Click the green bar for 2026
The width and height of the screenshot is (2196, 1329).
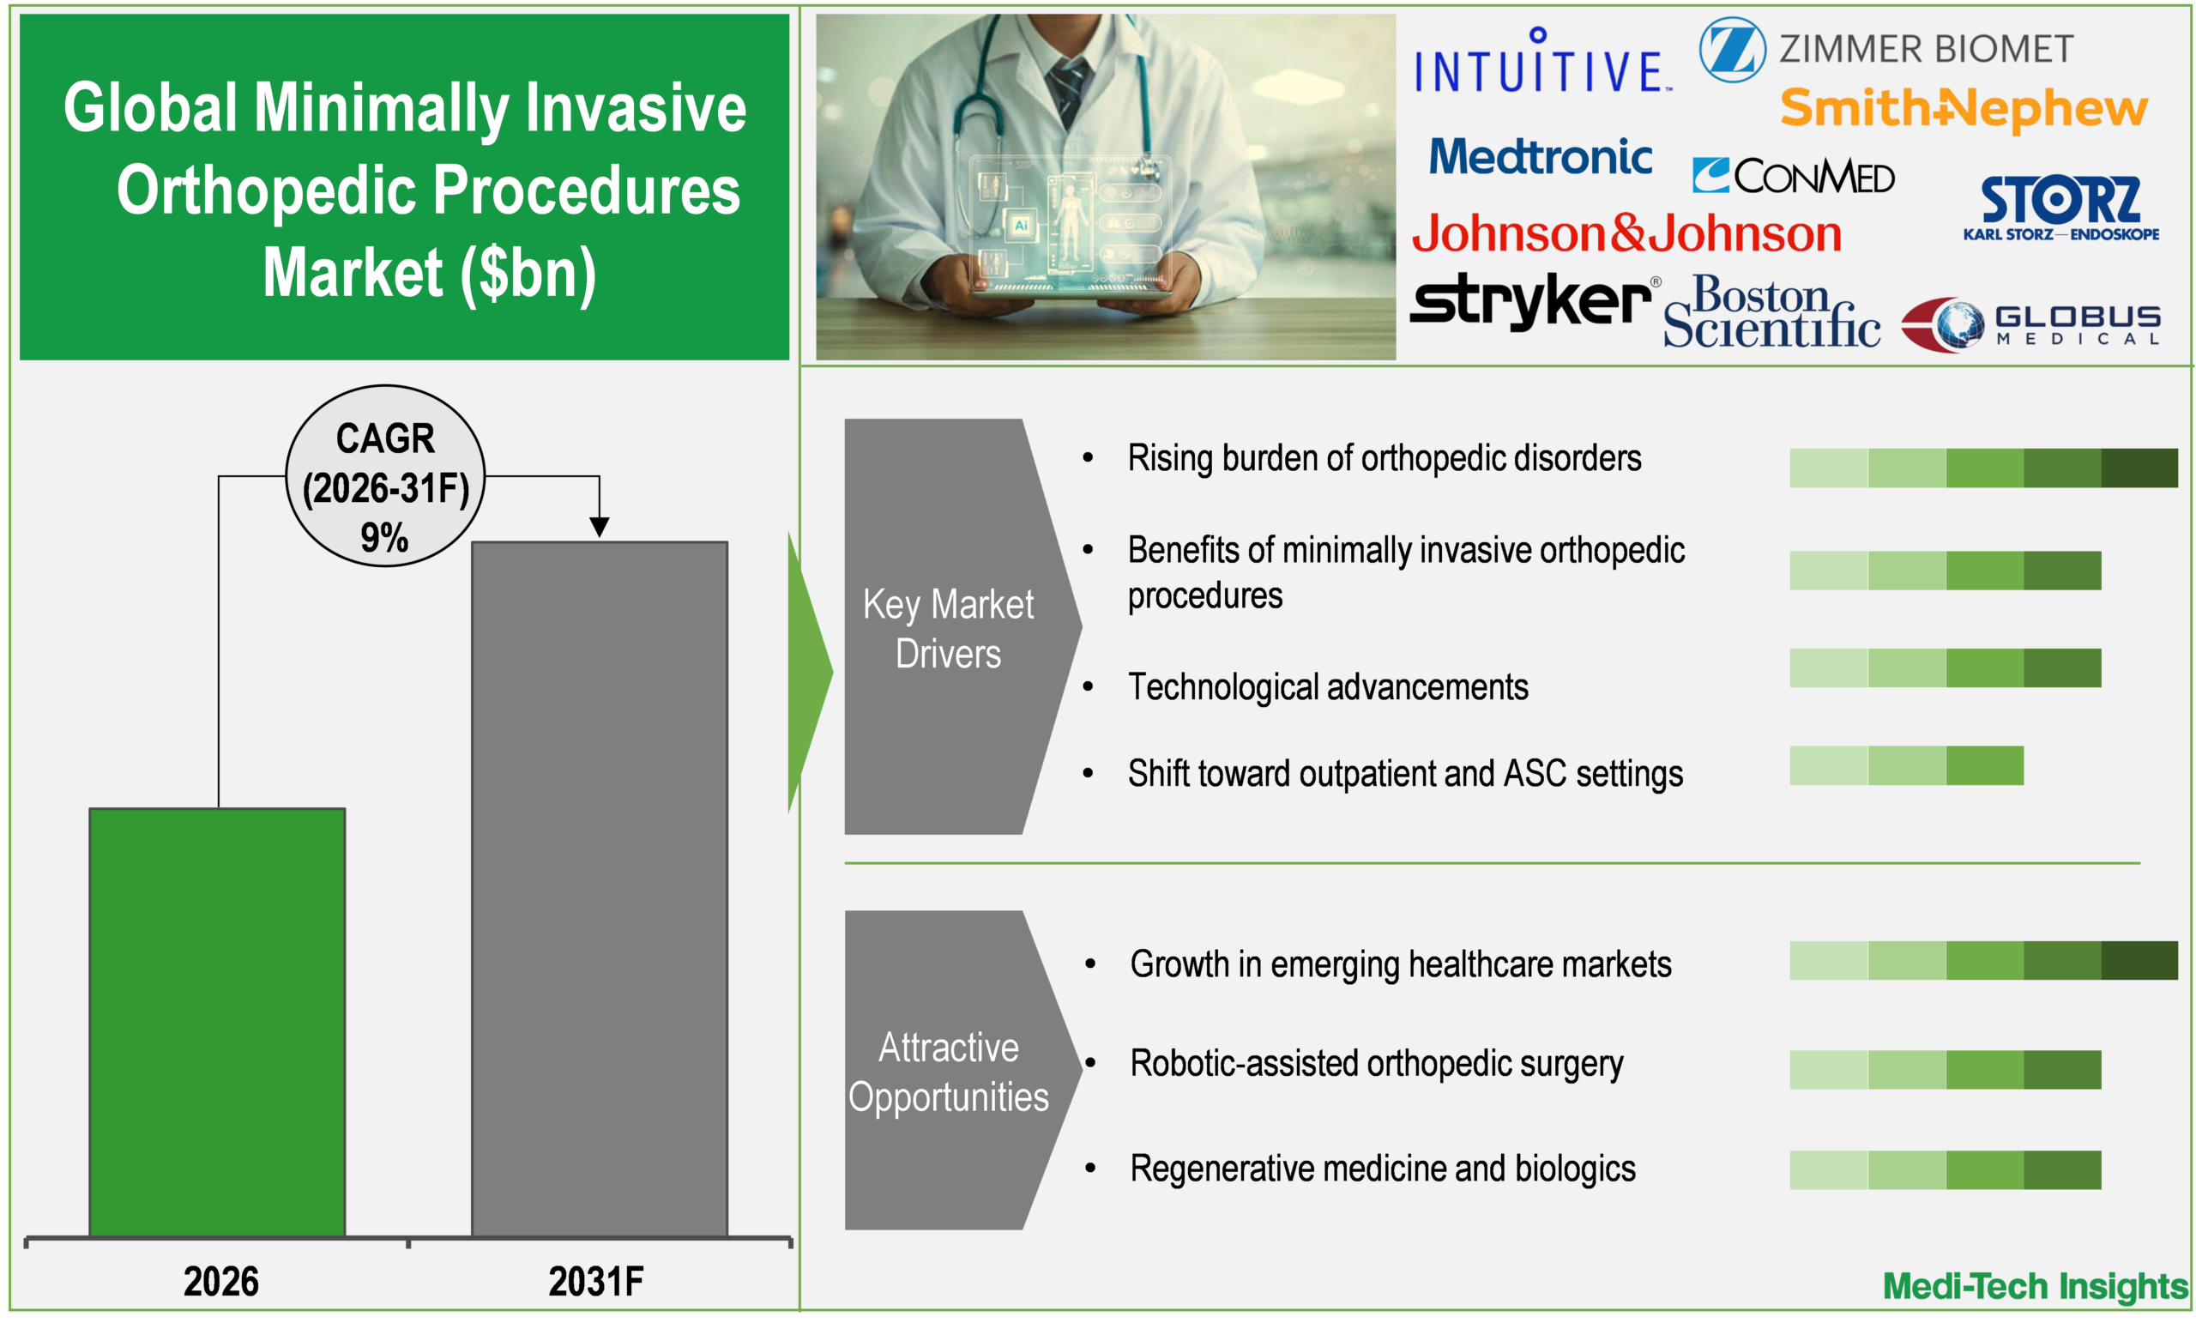(218, 1023)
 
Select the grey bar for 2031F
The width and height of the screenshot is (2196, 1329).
(599, 889)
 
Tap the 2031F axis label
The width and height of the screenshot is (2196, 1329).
(595, 1281)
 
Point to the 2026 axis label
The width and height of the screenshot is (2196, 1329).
(221, 1281)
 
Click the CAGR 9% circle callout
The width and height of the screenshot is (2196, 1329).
(385, 476)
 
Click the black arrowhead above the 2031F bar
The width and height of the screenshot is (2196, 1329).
(599, 527)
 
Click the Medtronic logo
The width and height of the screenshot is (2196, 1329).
(1540, 157)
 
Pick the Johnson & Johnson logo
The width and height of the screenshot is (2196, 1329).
(1627, 233)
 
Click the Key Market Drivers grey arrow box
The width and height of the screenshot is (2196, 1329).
(949, 626)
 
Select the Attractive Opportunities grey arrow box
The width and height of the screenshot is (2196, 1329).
(949, 1070)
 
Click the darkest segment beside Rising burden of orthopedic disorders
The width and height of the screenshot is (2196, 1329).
(2139, 468)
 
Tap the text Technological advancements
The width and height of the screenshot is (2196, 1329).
(1328, 687)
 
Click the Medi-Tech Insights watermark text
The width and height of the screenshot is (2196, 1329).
(2035, 1285)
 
